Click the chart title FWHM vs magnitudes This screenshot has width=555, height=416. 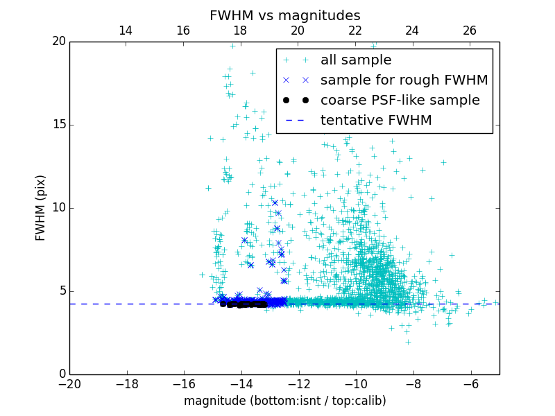click(x=284, y=15)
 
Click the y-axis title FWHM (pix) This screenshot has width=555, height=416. click(x=41, y=208)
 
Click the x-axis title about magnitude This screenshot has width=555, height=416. click(x=284, y=401)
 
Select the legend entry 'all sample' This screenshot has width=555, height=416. click(x=356, y=60)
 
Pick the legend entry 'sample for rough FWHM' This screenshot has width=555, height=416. click(x=404, y=80)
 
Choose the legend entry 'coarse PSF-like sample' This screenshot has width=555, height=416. click(x=400, y=101)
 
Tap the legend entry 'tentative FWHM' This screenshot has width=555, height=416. click(x=376, y=121)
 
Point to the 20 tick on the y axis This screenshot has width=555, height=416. click(x=58, y=42)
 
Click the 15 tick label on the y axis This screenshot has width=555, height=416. click(x=58, y=125)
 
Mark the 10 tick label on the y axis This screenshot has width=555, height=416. click(x=58, y=208)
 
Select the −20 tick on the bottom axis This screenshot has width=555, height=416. click(x=69, y=383)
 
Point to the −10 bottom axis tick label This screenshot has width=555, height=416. click(x=356, y=383)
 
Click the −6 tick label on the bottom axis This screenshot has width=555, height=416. click(x=470, y=383)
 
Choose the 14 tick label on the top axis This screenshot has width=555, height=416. click(x=126, y=31)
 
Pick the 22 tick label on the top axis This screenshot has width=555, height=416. click(x=355, y=31)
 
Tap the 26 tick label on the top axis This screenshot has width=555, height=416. click(x=470, y=31)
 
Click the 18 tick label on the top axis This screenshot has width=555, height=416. click(x=240, y=31)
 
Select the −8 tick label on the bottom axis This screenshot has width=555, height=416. click(x=413, y=383)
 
